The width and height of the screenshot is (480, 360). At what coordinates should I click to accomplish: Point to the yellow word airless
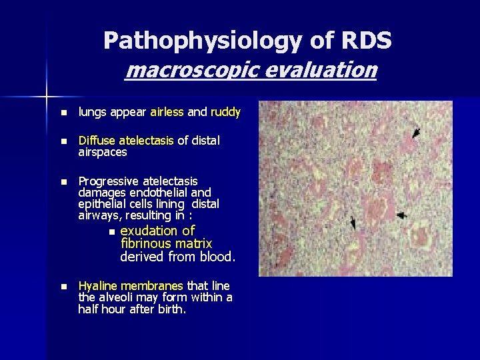(167, 113)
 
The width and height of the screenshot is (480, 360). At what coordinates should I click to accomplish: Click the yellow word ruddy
(225, 113)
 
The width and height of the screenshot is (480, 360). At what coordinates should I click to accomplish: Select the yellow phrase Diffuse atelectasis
(126, 141)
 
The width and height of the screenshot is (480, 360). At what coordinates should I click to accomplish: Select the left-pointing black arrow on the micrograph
(401, 215)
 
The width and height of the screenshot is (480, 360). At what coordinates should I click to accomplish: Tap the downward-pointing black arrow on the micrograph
(353, 225)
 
